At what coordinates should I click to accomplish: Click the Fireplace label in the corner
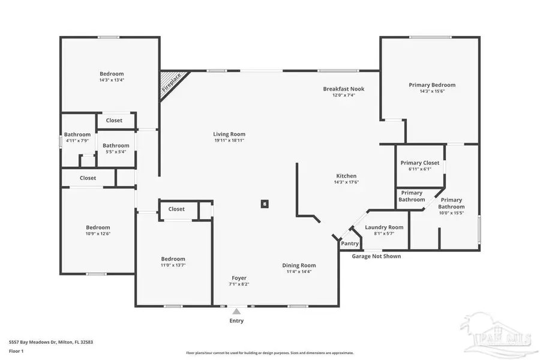click(172, 84)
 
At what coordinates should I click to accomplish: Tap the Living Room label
click(229, 134)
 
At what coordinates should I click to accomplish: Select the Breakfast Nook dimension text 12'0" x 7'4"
click(344, 95)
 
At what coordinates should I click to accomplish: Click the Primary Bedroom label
click(432, 85)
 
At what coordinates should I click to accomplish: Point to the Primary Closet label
click(420, 163)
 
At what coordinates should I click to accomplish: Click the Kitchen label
click(346, 176)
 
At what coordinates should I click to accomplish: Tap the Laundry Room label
click(384, 227)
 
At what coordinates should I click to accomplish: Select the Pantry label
click(350, 244)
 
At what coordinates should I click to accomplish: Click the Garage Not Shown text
click(376, 256)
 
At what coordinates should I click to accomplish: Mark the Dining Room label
click(299, 265)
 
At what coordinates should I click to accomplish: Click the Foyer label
click(239, 278)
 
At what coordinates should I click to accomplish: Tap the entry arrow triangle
click(237, 311)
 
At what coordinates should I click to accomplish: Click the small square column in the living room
click(264, 204)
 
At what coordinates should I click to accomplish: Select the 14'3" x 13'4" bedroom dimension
click(112, 80)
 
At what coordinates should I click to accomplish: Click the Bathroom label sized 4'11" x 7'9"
click(77, 134)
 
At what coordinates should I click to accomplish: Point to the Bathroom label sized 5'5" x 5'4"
click(116, 145)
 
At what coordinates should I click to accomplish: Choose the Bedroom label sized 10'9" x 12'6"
click(98, 227)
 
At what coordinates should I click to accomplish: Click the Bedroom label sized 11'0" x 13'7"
click(173, 259)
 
